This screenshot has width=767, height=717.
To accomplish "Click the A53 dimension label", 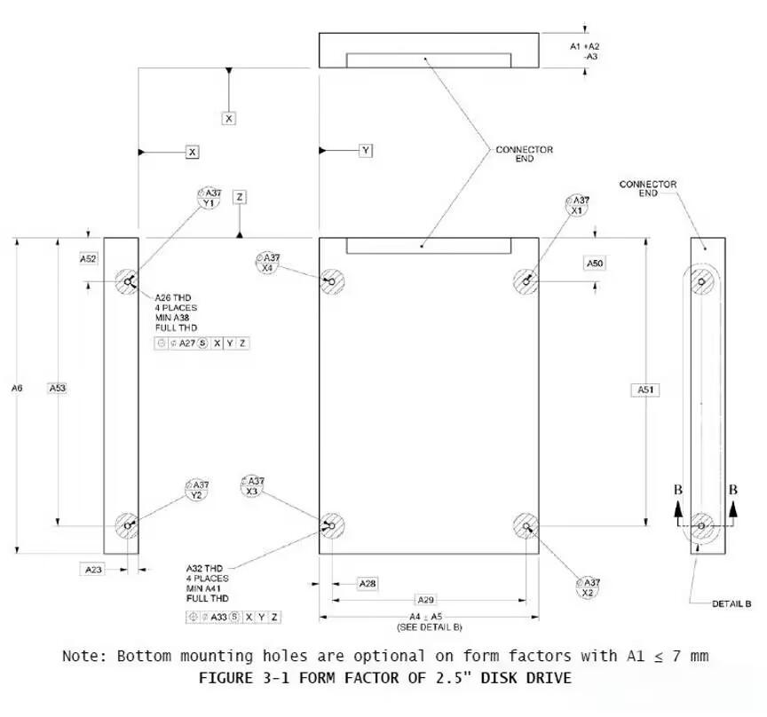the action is pos(57,388).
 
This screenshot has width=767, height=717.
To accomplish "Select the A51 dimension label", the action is pos(645,390).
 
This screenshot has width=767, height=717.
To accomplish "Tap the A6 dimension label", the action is pos(17,388).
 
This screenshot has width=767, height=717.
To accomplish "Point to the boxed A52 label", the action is pos(88,259).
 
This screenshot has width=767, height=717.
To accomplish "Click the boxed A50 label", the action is pos(595,264).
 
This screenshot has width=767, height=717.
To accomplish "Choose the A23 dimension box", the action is pos(93,570).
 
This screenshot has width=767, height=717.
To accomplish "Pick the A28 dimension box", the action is pos(368,584).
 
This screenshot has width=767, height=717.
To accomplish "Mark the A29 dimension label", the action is pos(425,600).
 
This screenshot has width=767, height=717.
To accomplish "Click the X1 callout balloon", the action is pos(577,205).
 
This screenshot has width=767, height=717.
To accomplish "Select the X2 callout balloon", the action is pos(588,587).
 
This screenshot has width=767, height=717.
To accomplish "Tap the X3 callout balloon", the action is pos(252,486).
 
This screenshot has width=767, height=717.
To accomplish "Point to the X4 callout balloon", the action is pos(267,263).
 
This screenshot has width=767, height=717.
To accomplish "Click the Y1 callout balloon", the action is pos(209,198).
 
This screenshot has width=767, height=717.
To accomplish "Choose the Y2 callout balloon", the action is pos(197,490).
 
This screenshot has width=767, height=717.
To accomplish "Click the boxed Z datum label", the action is pos(240,197).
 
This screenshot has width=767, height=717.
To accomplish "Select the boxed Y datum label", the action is pos(366,150).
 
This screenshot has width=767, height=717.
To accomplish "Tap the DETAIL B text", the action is pos(731,604).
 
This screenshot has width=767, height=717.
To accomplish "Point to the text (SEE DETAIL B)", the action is pos(430,627).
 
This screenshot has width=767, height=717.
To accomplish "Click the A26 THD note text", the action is pos(173,297).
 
